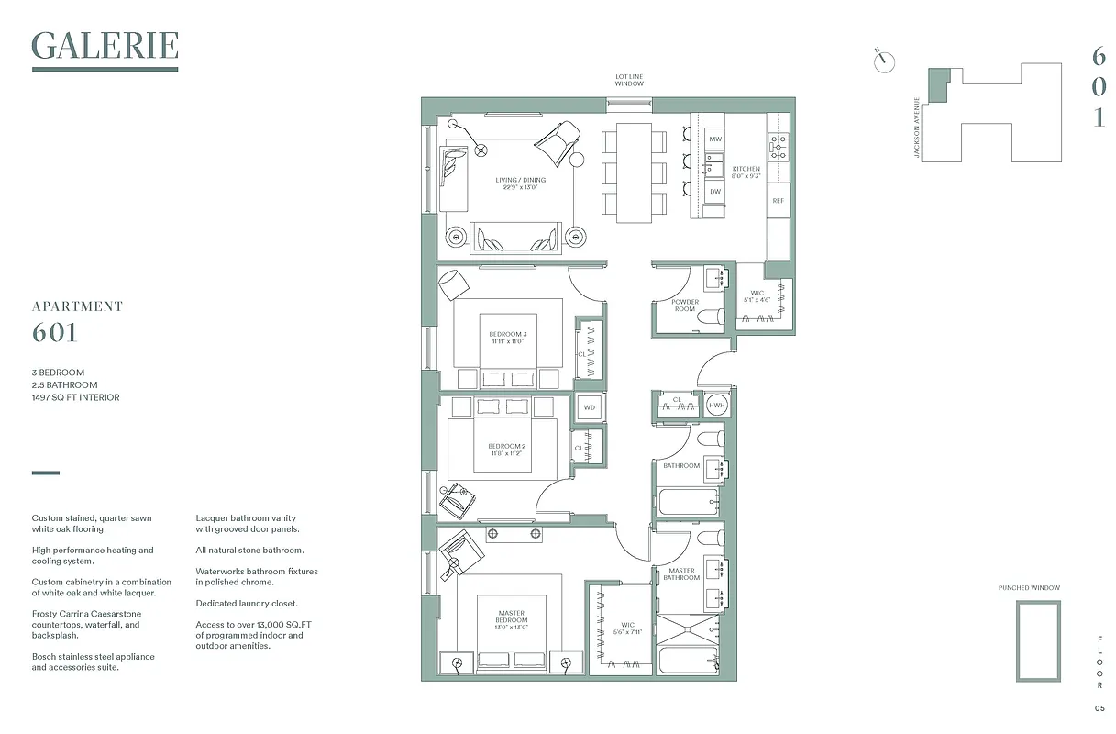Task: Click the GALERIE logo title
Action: (105, 46)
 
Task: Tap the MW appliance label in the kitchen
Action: (715, 139)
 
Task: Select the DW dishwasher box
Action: (715, 191)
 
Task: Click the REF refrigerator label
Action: (778, 200)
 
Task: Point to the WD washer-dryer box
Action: (589, 407)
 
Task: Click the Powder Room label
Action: (684, 306)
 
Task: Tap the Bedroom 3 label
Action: (507, 337)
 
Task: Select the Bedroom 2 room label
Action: (507, 450)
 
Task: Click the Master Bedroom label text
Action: (511, 617)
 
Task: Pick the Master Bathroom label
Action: (681, 573)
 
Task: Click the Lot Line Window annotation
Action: (629, 80)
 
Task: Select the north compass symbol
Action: (885, 60)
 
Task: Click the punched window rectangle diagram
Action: (1038, 641)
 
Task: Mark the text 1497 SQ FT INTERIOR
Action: (75, 397)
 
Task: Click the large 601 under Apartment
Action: (55, 333)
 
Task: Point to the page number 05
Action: (1099, 707)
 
